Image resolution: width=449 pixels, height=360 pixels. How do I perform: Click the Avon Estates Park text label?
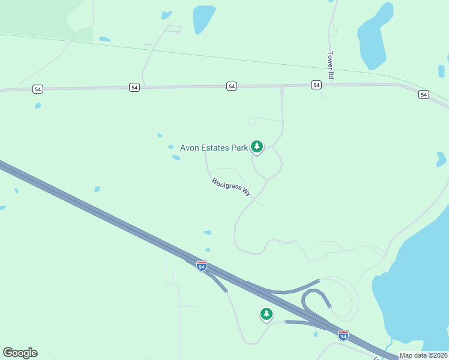click(214, 148)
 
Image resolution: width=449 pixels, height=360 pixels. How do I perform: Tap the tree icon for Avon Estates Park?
click(257, 146)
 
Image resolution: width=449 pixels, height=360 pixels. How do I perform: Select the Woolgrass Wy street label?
click(231, 187)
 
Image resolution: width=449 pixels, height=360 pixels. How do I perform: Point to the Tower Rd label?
click(330, 65)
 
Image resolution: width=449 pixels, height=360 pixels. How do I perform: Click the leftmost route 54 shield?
click(38, 89)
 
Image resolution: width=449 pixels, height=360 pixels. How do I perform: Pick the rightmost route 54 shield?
click(424, 95)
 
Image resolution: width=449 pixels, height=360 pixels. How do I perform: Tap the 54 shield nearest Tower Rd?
click(316, 86)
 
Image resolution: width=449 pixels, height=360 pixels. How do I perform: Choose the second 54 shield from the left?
click(134, 88)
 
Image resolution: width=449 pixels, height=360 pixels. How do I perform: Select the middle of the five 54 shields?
click(232, 86)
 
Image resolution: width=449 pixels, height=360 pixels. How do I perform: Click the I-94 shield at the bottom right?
click(343, 335)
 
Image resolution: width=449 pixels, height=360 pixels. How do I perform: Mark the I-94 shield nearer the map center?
click(202, 265)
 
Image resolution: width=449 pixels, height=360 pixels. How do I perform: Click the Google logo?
click(20, 353)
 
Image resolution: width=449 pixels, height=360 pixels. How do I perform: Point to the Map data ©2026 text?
click(424, 355)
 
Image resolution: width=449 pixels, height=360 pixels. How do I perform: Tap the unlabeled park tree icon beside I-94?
click(266, 313)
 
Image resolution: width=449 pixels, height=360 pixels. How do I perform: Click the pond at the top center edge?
click(203, 18)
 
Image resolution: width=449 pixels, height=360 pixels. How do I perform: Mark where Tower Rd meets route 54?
click(330, 85)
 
